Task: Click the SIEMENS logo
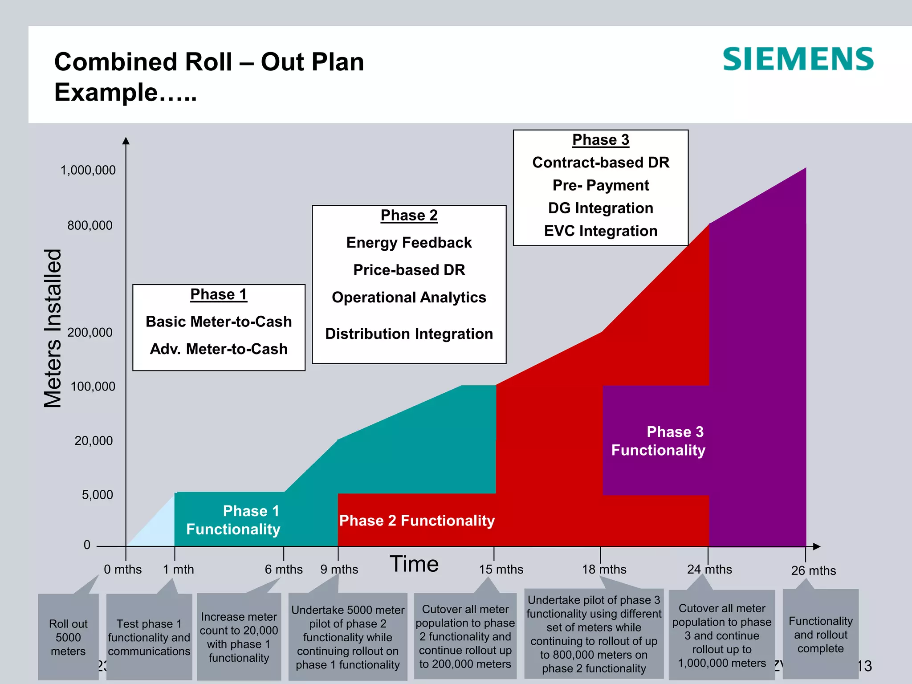pyautogui.click(x=798, y=60)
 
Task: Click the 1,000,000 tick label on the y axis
pyautogui.click(x=88, y=170)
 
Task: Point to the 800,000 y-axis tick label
pyautogui.click(x=90, y=225)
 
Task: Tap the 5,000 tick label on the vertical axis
pyautogui.click(x=97, y=495)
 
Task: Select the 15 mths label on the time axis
pyautogui.click(x=501, y=570)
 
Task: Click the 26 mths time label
pyautogui.click(x=813, y=570)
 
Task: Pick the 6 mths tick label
pyautogui.click(x=284, y=570)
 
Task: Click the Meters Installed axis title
pyautogui.click(x=53, y=328)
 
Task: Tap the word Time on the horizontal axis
pyautogui.click(x=414, y=564)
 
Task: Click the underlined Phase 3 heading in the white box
pyautogui.click(x=600, y=140)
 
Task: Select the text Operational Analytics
pyautogui.click(x=409, y=297)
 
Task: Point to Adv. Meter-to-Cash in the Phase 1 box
pyautogui.click(x=219, y=349)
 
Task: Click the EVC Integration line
pyautogui.click(x=600, y=231)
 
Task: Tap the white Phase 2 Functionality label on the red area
pyautogui.click(x=417, y=521)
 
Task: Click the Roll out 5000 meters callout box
pyautogui.click(x=68, y=637)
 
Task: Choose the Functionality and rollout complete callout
pyautogui.click(x=820, y=634)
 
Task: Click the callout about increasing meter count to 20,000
pyautogui.click(x=239, y=637)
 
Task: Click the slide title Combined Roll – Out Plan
pyautogui.click(x=209, y=61)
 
